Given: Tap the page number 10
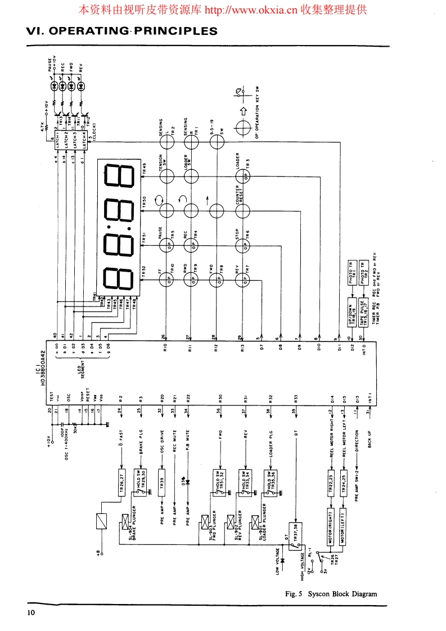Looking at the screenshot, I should point(30,612).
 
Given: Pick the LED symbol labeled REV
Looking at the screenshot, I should point(82,86).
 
